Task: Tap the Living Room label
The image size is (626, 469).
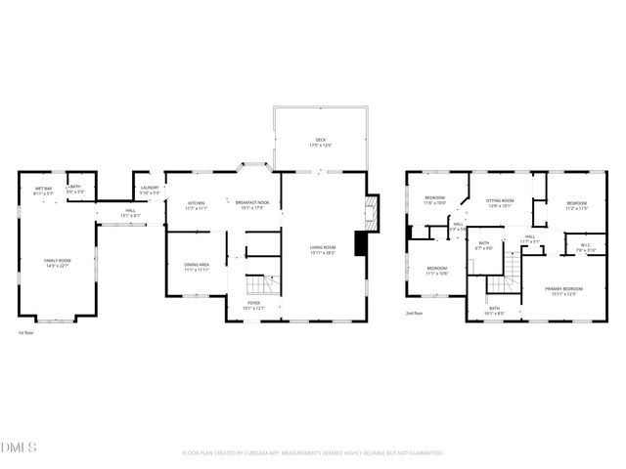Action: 323,250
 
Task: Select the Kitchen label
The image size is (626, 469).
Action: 197,205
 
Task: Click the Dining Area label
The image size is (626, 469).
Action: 197,268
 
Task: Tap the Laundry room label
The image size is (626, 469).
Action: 150,190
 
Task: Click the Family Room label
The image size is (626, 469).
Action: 58,262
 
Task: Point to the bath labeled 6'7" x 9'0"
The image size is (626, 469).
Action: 484,246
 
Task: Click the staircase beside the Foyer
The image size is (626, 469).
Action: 257,284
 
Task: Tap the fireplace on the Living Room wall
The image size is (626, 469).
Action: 369,209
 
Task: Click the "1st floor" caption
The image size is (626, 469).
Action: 26,333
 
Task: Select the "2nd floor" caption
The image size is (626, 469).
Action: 415,314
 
